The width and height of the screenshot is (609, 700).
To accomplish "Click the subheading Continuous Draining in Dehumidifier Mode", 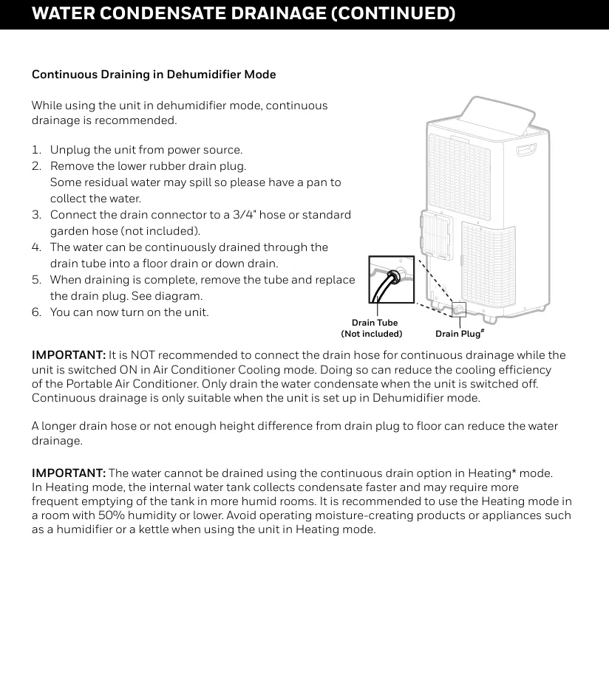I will click(154, 75).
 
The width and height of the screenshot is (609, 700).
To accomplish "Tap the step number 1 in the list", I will click(35, 150).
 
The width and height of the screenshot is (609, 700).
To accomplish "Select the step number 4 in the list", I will click(35, 247).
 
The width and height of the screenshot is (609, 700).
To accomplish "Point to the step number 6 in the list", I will click(35, 312).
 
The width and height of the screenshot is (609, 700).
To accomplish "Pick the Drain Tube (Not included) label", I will click(374, 329).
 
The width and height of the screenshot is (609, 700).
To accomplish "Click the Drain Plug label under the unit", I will click(458, 334).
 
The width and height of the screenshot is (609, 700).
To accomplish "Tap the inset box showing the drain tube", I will click(391, 280).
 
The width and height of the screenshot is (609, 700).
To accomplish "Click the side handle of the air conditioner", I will click(526, 150).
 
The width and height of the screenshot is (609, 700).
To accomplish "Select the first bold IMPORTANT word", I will click(69, 355).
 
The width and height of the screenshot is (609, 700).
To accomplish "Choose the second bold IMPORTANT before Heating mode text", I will click(69, 473).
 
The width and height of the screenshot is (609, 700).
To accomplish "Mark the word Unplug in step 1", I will click(69, 150).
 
